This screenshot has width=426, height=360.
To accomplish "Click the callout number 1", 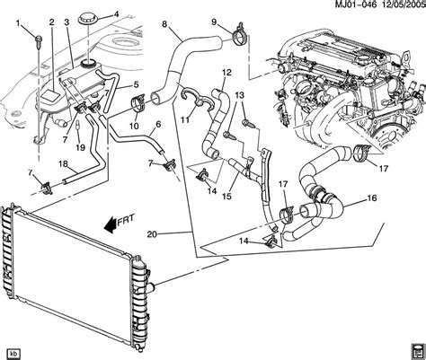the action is point(18,23).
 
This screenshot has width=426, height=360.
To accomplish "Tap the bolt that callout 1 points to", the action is point(39,40).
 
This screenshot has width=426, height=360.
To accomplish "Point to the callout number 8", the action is point(164,23).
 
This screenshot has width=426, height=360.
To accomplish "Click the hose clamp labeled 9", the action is point(240,35).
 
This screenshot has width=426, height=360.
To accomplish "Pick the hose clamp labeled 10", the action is point(138,102).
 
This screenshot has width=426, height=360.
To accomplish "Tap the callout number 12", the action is point(227,73).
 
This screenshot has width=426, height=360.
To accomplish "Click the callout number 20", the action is point(152,234).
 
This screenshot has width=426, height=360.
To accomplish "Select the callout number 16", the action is point(372,198).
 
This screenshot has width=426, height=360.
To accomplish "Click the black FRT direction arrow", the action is point(110,225).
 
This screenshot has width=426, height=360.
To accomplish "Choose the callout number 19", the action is point(80,147).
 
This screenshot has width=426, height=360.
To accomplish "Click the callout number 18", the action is point(64,163).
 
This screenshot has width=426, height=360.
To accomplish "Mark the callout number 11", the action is point(185,120).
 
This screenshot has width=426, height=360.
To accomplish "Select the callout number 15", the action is point(226,197).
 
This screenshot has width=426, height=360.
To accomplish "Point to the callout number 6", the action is point(158,124).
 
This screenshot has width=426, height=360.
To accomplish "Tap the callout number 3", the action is point(67,22).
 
